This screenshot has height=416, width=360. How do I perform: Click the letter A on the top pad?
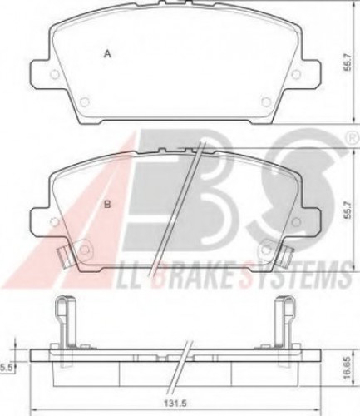[107, 54]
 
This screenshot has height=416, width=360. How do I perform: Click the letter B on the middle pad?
[107, 205]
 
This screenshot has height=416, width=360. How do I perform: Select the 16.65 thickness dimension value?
[348, 368]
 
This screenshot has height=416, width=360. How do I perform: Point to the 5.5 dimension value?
[7, 368]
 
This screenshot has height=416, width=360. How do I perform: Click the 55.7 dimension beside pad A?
[348, 62]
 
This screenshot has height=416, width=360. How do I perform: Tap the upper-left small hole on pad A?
[55, 74]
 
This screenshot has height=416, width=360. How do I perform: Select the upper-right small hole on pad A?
[296, 74]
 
